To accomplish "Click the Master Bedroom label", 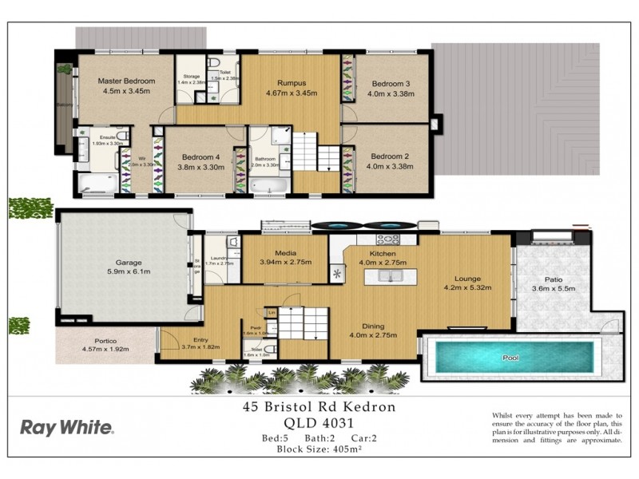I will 125,81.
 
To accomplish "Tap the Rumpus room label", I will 292,82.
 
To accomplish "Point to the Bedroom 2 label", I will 389,156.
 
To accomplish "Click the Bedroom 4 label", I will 200,157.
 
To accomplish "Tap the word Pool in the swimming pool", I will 510,358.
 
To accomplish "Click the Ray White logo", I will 66,427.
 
